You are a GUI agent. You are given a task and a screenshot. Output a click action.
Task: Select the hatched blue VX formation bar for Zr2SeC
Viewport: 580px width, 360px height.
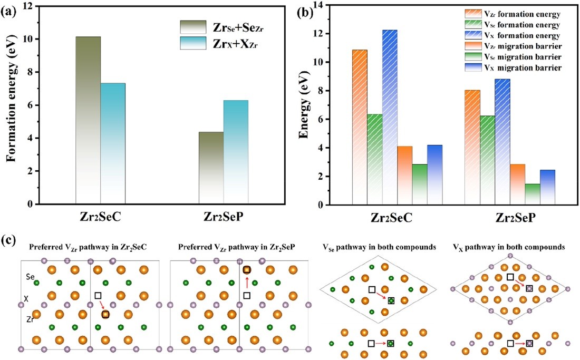[390, 116]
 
